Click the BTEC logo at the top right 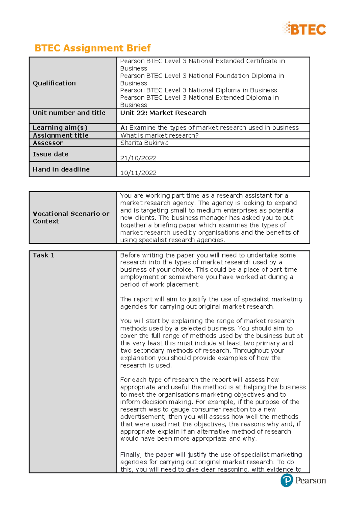click(x=304, y=29)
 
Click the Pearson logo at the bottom click(x=303, y=481)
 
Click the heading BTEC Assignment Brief click(x=92, y=48)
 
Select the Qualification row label click(x=54, y=83)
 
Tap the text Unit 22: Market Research click(x=163, y=113)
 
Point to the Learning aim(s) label click(x=60, y=127)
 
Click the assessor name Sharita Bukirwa click(x=144, y=143)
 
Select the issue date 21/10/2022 click(x=138, y=158)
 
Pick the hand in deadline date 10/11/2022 click(x=138, y=173)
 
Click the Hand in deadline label click(x=61, y=169)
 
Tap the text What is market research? click(x=159, y=135)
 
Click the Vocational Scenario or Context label click(x=71, y=217)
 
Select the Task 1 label click(x=43, y=255)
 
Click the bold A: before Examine click(x=124, y=128)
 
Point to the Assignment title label click(x=61, y=135)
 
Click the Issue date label click(x=50, y=154)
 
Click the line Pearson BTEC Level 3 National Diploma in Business click(x=198, y=90)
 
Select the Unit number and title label click(x=69, y=113)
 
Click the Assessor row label click(x=48, y=143)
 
